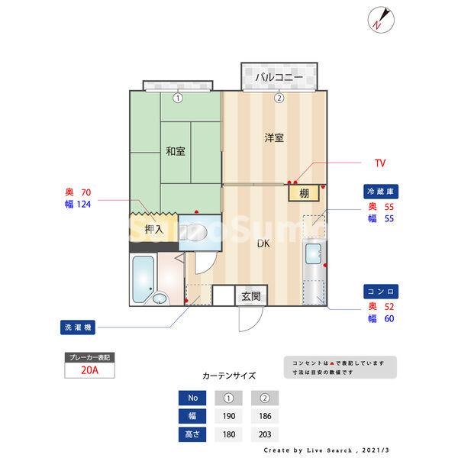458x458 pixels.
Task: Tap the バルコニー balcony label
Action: (279, 77)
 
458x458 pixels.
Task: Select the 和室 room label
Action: (176, 150)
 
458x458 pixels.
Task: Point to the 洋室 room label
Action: (275, 138)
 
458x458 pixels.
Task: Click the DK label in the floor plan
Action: (263, 244)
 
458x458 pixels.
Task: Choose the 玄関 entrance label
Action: (251, 296)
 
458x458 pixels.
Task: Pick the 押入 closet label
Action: (154, 228)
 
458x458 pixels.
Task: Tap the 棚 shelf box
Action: (304, 192)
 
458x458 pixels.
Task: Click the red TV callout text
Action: (380, 163)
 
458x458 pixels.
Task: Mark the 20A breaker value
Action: (90, 371)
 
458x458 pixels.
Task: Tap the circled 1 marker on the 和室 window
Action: (178, 98)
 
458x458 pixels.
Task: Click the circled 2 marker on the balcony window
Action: (279, 98)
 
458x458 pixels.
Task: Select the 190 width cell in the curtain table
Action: (228, 417)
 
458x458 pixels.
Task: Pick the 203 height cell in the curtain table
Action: (265, 436)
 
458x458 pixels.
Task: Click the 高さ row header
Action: (192, 436)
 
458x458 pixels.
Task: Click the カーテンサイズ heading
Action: (228, 376)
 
